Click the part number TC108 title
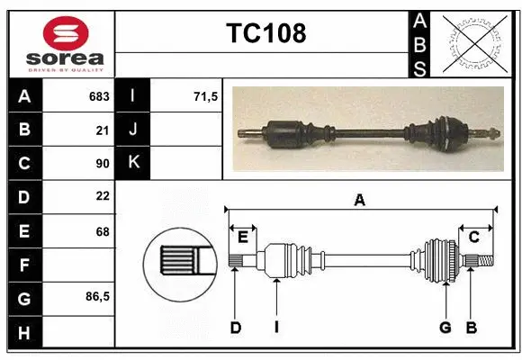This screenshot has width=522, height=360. tap(265, 33)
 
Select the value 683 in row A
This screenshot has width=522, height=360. tap(98, 96)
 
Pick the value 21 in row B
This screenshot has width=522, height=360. tap(102, 130)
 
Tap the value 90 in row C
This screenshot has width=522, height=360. tap(102, 164)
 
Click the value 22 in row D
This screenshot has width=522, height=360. tap(102, 197)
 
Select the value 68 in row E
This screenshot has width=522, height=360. tap(102, 231)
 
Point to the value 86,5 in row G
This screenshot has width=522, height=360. tap(97, 296)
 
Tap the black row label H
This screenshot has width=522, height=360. tap(23, 333)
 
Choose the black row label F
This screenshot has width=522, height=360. tap(23, 265)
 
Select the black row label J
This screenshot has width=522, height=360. tap(133, 130)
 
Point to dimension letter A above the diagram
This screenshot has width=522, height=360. tap(360, 201)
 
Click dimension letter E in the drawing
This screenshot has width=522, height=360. tap(243, 237)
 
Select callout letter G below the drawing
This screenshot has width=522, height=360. tap(445, 328)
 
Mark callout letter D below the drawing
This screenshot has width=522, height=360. tap(236, 328)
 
